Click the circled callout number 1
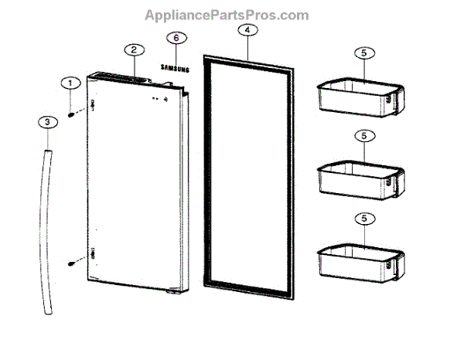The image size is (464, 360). [x=70, y=83]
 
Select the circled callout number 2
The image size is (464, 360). [x=133, y=49]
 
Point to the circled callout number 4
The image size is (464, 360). [x=246, y=30]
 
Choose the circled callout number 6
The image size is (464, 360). [x=176, y=37]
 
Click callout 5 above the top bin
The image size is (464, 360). [x=362, y=53]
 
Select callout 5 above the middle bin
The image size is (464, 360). [x=362, y=135]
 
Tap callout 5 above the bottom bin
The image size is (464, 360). [x=362, y=219]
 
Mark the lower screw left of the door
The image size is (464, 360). [x=71, y=261]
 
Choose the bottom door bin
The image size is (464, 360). [x=360, y=261]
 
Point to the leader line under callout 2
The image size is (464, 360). [x=134, y=65]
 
